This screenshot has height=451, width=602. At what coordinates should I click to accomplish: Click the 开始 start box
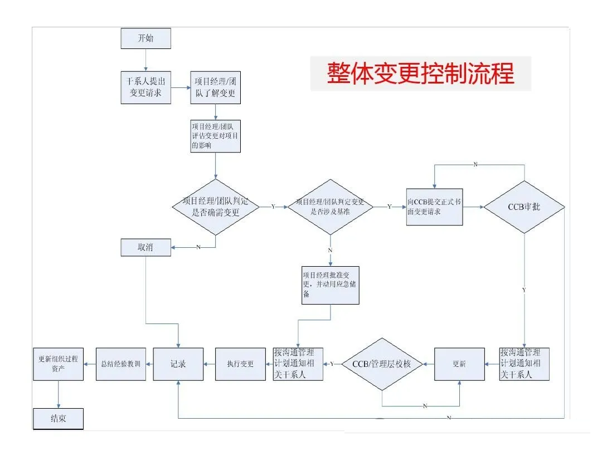[x=145, y=38]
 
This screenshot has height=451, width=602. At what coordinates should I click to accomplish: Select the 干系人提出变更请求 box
[x=145, y=87]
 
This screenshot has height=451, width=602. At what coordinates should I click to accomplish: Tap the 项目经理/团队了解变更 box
[x=215, y=87]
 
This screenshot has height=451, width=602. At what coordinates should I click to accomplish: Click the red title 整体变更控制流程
[x=420, y=73]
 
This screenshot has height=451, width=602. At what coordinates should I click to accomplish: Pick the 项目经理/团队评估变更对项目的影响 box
[x=215, y=136]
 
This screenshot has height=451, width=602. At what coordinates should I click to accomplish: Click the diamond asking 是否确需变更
[x=215, y=207]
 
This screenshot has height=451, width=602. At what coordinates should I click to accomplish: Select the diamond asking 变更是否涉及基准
[x=330, y=207]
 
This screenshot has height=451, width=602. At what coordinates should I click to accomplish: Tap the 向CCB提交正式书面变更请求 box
[x=434, y=207]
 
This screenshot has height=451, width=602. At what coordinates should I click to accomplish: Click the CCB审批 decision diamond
[x=524, y=207]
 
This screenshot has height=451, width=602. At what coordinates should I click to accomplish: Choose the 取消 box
[x=145, y=247]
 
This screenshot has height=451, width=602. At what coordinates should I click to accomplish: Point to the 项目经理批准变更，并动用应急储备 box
[x=330, y=285]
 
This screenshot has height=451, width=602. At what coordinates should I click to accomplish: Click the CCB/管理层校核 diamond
[x=382, y=364]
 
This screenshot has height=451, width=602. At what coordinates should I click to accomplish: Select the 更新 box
[x=459, y=364]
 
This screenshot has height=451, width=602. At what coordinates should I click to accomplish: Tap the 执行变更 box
[x=240, y=364]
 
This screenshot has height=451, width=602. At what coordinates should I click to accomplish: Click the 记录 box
[x=178, y=364]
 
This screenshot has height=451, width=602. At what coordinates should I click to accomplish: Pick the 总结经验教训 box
[x=120, y=364]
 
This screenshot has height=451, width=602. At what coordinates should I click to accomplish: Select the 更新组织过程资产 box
[x=58, y=364]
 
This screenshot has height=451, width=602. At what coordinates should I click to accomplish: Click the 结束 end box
[x=58, y=418]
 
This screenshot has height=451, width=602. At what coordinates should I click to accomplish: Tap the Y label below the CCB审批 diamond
[x=524, y=290]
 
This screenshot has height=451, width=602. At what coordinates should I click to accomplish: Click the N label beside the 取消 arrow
[x=199, y=247]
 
